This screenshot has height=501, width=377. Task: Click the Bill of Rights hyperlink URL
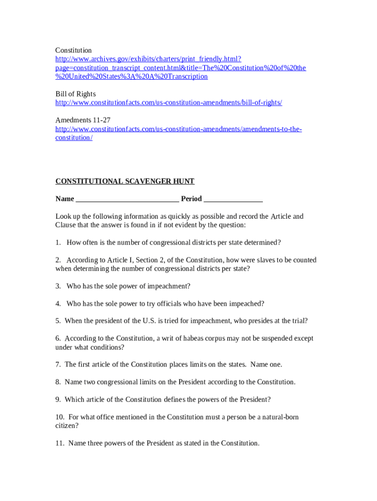[x=168, y=103]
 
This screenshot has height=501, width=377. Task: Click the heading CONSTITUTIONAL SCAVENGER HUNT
[x=125, y=182]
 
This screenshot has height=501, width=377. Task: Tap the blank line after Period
[x=233, y=199]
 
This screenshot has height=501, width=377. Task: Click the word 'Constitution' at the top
[x=73, y=50]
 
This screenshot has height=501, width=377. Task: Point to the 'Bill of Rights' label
[x=75, y=94]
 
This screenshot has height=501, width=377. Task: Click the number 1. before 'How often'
[x=58, y=243]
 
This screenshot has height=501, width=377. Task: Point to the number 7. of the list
[x=58, y=364]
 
